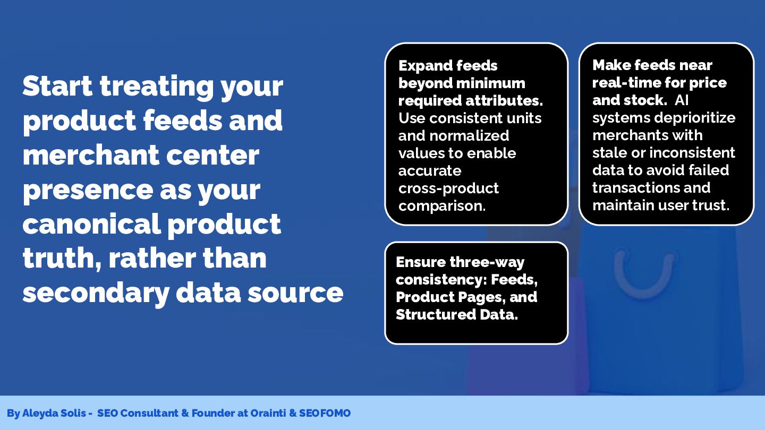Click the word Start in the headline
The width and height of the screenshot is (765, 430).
57,85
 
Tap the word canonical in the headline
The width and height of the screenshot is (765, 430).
91,224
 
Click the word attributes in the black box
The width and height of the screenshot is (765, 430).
504,101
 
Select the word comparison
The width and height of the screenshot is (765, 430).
442,206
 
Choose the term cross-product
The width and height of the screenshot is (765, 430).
448,188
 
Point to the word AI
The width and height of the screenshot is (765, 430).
681,100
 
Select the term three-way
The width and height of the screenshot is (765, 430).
487,262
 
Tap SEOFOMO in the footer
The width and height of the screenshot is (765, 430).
325,413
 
